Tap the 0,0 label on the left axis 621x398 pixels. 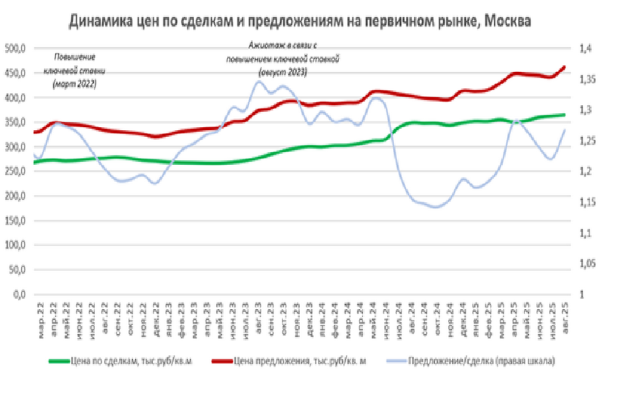[x=18, y=295]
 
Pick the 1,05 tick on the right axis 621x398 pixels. [x=589, y=264]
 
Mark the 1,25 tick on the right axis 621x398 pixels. [x=589, y=141]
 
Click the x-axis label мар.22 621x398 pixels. [x=41, y=317]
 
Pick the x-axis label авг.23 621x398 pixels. [x=258, y=317]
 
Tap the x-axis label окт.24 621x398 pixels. [x=438, y=317]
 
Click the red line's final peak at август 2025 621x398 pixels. [x=564, y=67]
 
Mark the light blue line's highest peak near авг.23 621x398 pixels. [x=258, y=81]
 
